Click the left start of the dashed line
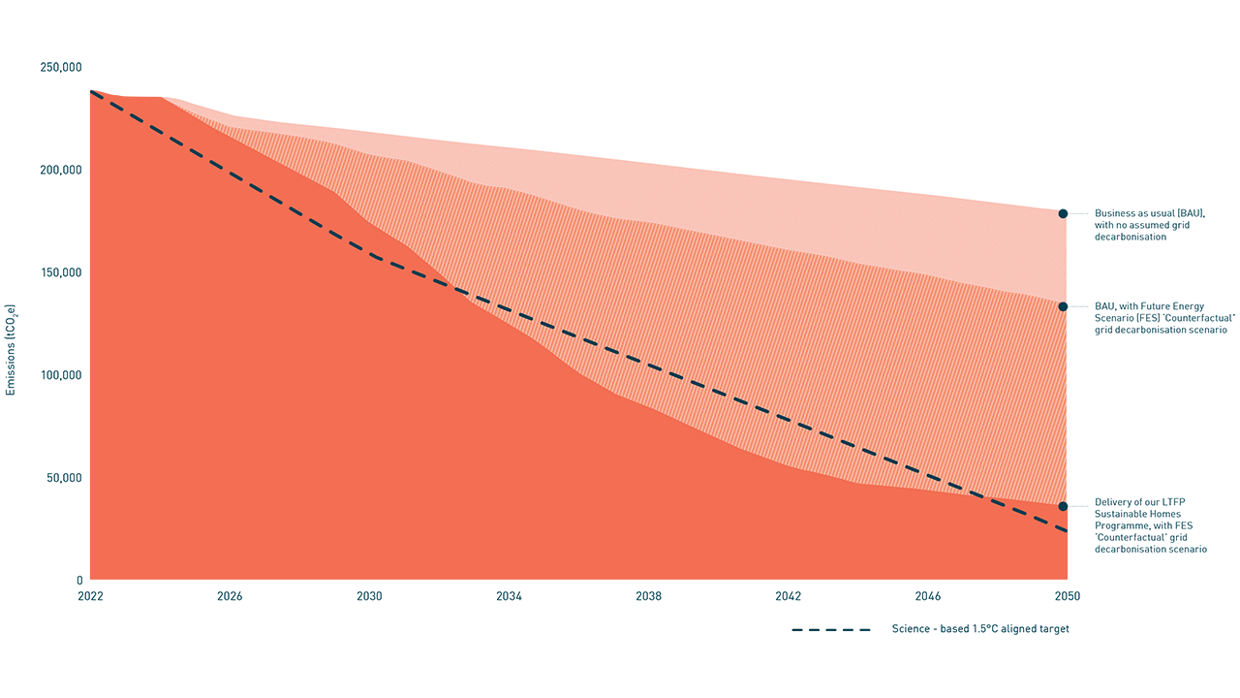[x=90, y=91]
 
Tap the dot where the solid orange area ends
[x=1063, y=506]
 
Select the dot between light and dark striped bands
[x=1063, y=306]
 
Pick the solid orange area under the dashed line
[x=291, y=407]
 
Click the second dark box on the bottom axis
[x=229, y=613]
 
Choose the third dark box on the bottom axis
[x=369, y=613]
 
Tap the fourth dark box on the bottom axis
[x=509, y=613]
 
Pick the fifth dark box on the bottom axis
[x=648, y=613]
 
